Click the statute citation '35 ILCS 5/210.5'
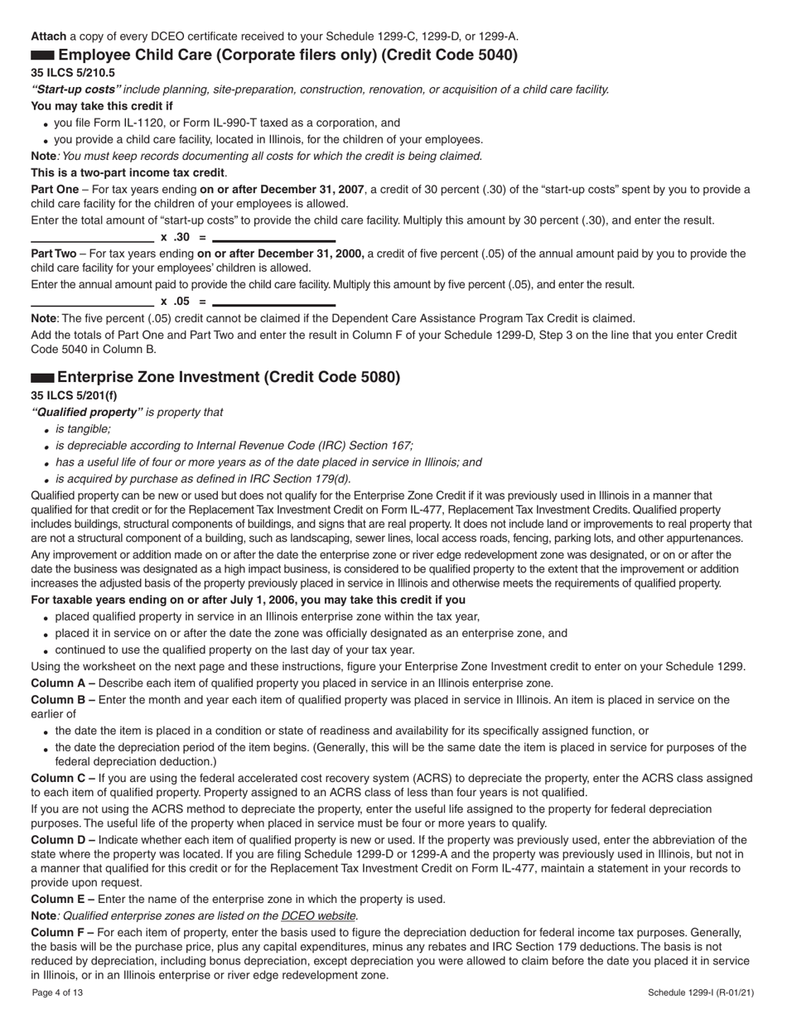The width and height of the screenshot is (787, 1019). [73, 73]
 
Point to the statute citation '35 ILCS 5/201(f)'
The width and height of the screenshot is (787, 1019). [74, 395]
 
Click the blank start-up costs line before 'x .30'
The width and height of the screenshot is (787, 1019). [92, 241]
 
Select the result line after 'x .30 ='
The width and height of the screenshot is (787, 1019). [274, 240]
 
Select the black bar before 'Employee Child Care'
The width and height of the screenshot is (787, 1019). [43, 56]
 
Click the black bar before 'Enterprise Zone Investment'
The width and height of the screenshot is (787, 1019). [43, 378]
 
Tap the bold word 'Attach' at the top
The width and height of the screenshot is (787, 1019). [48, 36]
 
